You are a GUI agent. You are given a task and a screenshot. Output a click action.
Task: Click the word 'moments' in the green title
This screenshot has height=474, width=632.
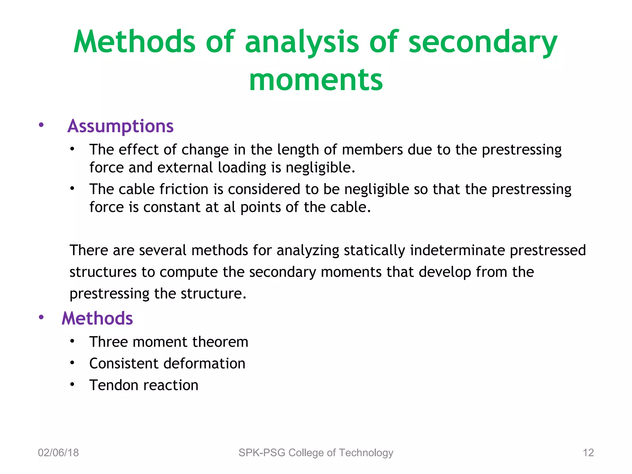tap(316, 80)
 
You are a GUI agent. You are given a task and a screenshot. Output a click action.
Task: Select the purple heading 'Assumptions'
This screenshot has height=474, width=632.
tap(120, 126)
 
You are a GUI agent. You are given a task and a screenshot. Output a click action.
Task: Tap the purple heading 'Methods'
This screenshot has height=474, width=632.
tap(97, 318)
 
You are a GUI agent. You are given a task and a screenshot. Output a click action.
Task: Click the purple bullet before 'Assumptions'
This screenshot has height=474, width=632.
tap(41, 125)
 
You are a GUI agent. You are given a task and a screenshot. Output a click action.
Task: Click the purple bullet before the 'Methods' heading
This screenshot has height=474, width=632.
tap(41, 317)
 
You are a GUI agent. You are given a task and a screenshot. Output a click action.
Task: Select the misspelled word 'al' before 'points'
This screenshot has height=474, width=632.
tap(230, 207)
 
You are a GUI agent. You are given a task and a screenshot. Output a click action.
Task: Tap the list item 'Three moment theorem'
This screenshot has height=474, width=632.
tap(168, 342)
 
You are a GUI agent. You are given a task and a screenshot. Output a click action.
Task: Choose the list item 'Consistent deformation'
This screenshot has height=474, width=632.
tap(167, 364)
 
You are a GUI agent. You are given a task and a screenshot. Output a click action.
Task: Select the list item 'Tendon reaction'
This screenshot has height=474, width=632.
tap(143, 385)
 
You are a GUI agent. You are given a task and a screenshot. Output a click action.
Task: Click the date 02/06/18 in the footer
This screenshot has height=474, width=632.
tap(58, 453)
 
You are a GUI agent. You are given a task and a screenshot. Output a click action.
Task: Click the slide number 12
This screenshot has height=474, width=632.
tap(588, 453)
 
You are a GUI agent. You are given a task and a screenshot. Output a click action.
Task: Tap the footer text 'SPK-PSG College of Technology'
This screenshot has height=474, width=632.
tap(316, 453)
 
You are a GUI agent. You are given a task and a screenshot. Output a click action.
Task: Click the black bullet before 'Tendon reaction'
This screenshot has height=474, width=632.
tap(72, 384)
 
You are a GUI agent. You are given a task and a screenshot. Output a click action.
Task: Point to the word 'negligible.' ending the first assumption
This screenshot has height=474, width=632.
tap(320, 167)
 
